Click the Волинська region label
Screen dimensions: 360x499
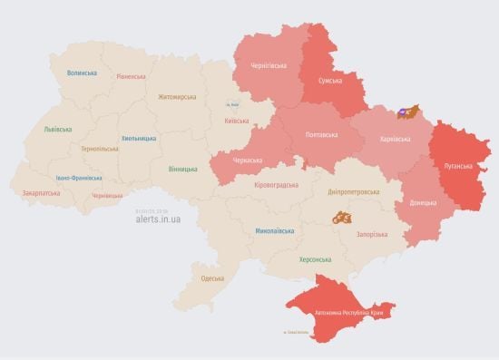[82, 73]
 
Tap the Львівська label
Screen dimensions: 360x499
[57, 130]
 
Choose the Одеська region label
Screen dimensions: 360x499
[213, 278]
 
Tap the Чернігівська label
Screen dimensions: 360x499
[269, 65]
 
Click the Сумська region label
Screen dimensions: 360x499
[329, 82]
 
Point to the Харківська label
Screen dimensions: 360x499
[394, 139]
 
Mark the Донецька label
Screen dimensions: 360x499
[422, 202]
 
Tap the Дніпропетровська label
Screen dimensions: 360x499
[353, 192]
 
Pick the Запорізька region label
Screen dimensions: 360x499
[370, 234]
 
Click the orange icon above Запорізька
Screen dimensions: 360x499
[342, 218]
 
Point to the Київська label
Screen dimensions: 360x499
[236, 121]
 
